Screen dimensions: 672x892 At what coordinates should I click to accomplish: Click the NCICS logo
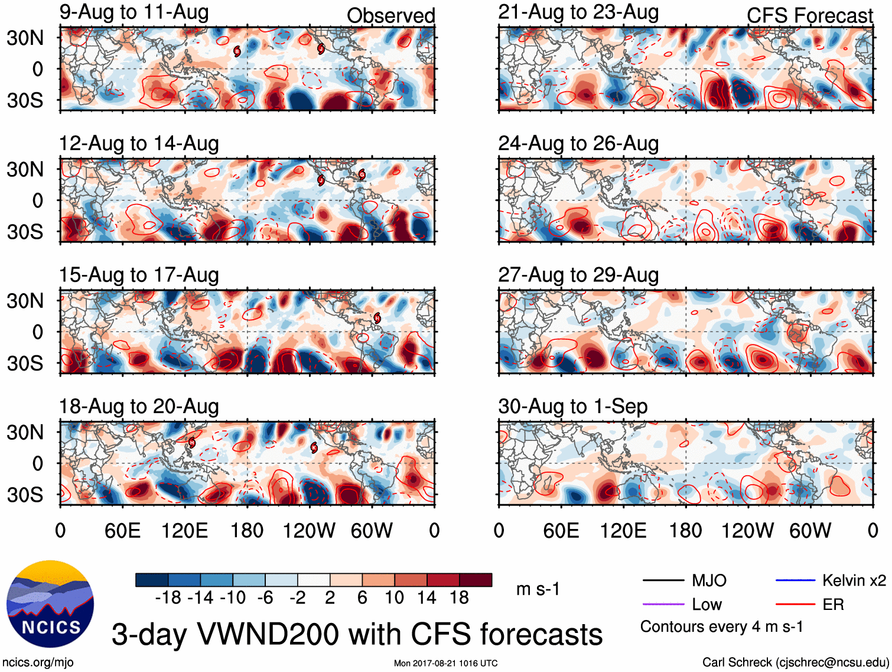(50, 603)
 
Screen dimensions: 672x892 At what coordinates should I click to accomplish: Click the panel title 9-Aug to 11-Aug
(134, 12)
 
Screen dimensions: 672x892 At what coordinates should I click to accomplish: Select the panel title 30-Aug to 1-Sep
(572, 407)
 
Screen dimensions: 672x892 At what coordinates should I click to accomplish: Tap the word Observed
(390, 16)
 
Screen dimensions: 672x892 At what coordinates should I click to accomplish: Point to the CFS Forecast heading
(809, 16)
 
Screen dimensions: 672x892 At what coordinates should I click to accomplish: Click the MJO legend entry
(709, 581)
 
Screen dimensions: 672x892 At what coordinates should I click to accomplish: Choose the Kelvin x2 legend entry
(854, 581)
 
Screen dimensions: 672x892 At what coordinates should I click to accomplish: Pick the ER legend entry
(833, 605)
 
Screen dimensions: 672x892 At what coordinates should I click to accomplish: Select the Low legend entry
(707, 605)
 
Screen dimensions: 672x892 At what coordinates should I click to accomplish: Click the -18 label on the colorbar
(168, 598)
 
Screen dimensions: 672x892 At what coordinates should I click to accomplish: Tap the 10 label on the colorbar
(394, 598)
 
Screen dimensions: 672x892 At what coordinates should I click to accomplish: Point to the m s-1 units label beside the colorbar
(538, 589)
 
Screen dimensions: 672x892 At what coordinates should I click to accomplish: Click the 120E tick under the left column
(185, 531)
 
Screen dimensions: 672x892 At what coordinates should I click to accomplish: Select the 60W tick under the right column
(810, 531)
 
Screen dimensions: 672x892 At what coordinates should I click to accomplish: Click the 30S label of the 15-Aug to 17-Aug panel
(25, 363)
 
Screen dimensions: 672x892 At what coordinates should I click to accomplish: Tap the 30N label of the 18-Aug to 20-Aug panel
(25, 433)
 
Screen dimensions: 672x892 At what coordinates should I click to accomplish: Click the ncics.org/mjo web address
(38, 663)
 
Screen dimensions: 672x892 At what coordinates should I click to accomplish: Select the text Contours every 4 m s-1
(721, 627)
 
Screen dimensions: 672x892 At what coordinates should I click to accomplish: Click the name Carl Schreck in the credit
(737, 663)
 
